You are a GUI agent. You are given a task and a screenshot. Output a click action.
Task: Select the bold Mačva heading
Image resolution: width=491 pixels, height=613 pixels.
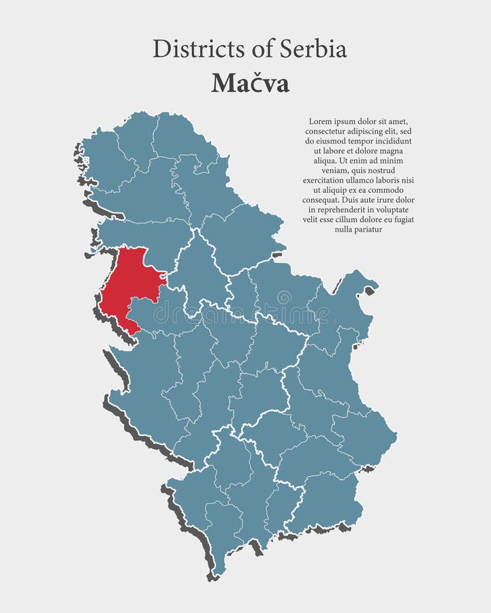[x=250, y=83]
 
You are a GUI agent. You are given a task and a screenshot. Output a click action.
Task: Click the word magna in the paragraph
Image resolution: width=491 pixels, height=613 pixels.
[x=391, y=151]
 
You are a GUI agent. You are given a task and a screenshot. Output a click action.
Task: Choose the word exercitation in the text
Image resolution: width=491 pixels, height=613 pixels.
[x=323, y=180]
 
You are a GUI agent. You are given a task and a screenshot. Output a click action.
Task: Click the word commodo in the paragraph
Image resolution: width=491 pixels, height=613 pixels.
[x=387, y=190]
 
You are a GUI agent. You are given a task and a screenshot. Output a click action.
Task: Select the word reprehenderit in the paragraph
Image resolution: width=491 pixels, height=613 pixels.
[x=338, y=210]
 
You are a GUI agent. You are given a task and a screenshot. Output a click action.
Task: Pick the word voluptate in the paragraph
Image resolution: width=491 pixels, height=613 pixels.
[x=392, y=210]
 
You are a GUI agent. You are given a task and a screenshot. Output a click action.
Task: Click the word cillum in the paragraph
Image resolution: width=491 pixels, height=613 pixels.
[x=351, y=219]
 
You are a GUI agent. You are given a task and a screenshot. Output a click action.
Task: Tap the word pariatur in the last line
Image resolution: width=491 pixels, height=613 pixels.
[x=368, y=230]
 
